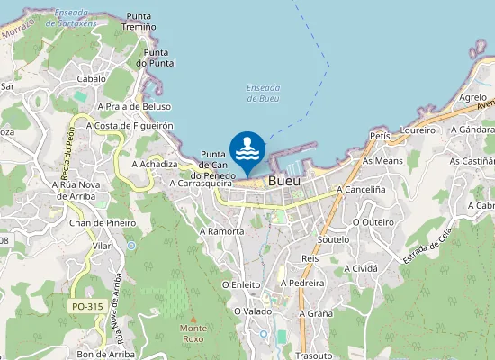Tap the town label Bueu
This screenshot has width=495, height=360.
tap(284, 180)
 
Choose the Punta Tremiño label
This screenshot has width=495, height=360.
tap(141, 22)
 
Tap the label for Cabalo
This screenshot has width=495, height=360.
tap(92, 78)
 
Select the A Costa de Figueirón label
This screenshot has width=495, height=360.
tap(130, 126)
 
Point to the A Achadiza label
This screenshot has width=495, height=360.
tap(155, 165)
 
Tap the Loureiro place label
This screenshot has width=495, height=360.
tap(418, 130)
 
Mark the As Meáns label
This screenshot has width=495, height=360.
tap(382, 160)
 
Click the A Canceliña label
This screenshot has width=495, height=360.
tap(361, 190)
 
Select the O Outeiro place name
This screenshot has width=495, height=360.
tap(373, 220)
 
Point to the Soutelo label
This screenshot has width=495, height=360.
tap(334, 240)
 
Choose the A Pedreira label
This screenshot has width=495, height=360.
tap(302, 282)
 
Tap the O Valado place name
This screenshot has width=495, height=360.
tap(253, 310)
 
